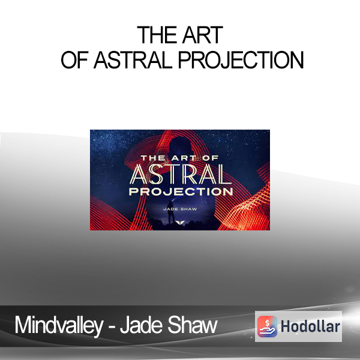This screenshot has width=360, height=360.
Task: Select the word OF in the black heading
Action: (x=74, y=60)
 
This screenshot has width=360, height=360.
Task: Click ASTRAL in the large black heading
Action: (x=133, y=60)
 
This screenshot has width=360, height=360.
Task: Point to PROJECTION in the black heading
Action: (x=241, y=60)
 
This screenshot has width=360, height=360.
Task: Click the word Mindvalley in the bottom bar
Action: (x=59, y=326)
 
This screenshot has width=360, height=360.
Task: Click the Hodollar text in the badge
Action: (x=310, y=326)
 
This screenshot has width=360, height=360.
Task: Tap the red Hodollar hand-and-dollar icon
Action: (x=267, y=326)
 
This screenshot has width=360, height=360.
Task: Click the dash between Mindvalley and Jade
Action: (x=111, y=327)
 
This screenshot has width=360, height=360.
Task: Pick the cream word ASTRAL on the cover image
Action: (x=181, y=175)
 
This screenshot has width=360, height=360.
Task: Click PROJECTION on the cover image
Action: (x=181, y=191)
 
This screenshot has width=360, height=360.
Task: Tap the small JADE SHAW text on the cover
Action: (x=180, y=209)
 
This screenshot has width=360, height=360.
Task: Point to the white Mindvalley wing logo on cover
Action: (x=179, y=222)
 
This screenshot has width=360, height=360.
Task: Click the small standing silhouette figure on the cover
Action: (x=170, y=212)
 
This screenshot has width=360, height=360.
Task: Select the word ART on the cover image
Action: (x=182, y=158)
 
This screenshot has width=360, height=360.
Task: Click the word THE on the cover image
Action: (x=153, y=158)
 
